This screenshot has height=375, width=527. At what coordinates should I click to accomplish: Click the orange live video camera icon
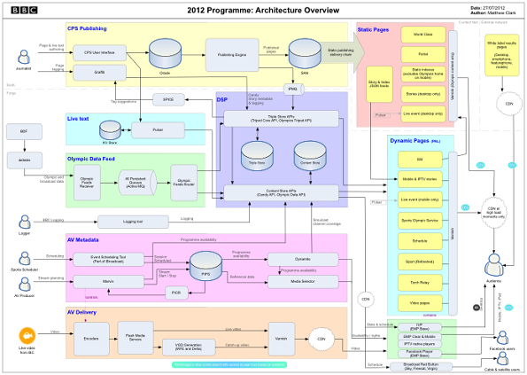pos(26,338)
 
